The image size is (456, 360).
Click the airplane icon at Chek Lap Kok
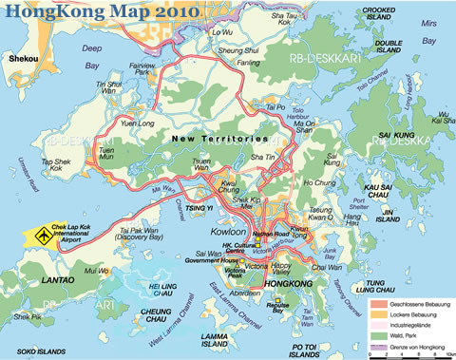tap(42, 233)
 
